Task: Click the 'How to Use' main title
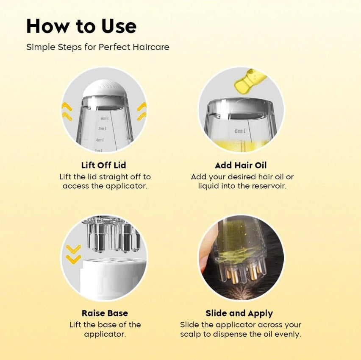point(81,26)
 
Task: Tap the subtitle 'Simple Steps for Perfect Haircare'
point(98,47)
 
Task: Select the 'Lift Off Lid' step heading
point(104,165)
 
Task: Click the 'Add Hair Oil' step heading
point(241,165)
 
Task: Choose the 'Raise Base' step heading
point(105,313)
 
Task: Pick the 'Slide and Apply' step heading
point(239,313)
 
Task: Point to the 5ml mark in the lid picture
point(103,128)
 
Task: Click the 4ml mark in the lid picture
point(100,140)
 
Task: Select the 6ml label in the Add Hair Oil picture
point(240,131)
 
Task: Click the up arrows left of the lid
point(67,112)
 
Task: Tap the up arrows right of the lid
point(142,112)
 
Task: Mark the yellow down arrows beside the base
point(73,254)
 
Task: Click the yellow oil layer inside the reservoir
point(241,145)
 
